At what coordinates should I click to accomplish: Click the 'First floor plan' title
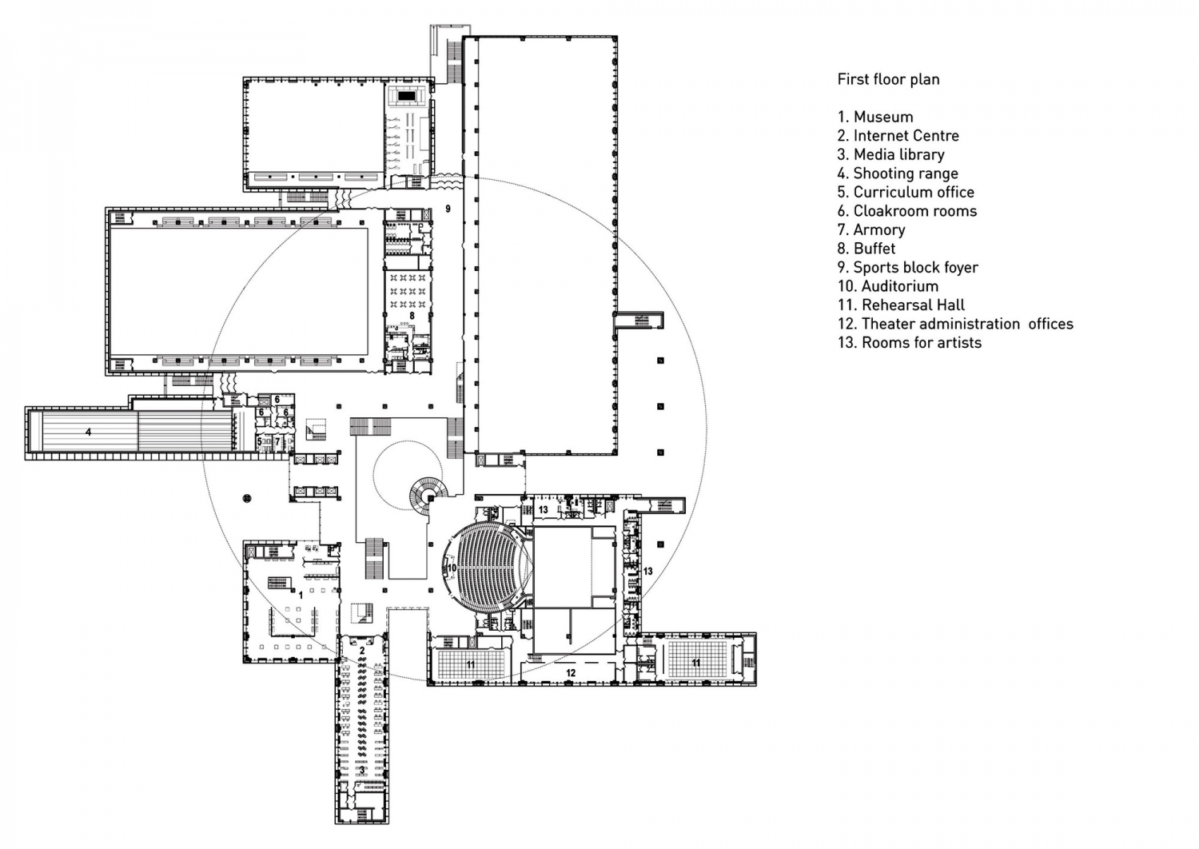(888, 79)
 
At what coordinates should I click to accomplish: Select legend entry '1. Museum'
(875, 117)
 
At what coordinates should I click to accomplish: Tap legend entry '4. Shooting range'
(898, 173)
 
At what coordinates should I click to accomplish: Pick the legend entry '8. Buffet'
(866, 249)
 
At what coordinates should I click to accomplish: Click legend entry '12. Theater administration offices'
(955, 324)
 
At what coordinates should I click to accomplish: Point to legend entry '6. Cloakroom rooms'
(907, 211)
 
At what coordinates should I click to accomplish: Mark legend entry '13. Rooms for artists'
(910, 343)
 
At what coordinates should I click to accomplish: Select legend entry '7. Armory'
(871, 230)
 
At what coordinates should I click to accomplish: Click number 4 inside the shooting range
(89, 432)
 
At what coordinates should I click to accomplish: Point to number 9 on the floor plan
(448, 209)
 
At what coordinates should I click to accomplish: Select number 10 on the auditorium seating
(451, 568)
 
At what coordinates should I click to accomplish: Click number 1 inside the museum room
(301, 595)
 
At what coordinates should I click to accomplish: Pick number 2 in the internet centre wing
(361, 651)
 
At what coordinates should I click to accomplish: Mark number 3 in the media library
(362, 770)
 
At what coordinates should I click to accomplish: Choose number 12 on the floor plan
(571, 673)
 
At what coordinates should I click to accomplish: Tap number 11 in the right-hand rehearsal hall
(696, 663)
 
